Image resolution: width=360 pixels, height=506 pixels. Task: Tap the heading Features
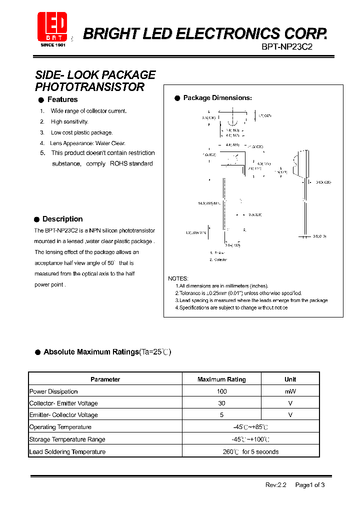(62, 99)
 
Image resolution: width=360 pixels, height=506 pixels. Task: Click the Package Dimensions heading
(217, 98)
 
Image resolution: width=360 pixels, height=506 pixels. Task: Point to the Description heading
(62, 219)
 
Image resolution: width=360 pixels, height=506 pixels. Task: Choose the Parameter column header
(105, 379)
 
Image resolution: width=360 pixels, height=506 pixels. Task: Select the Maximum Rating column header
(221, 379)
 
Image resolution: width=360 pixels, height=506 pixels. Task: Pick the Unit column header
(290, 379)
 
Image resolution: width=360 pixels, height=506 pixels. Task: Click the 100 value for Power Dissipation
(221, 391)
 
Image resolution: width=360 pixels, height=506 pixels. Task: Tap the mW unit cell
(290, 391)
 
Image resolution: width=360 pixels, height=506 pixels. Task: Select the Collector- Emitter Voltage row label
(63, 403)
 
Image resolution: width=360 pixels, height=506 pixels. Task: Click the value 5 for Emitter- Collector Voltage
(221, 415)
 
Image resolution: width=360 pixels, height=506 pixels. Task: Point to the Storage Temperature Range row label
(67, 439)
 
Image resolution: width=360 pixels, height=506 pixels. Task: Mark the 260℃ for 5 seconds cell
(250, 451)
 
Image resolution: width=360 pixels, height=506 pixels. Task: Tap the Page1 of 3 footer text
(310, 484)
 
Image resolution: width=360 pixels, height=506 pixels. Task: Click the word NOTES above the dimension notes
(178, 278)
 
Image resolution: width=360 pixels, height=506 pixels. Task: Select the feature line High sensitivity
(69, 121)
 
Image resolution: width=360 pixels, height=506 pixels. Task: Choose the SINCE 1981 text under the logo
(53, 45)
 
